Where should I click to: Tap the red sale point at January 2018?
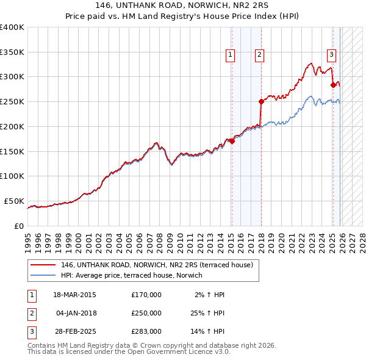(261, 101)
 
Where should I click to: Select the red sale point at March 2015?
(232, 141)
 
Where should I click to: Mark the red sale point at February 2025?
(333, 85)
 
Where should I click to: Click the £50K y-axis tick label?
(13, 201)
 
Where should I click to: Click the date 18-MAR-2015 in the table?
(74, 295)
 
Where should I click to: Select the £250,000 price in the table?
(146, 313)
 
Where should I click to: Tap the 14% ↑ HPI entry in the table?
(207, 331)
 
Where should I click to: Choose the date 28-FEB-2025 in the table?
(74, 331)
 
